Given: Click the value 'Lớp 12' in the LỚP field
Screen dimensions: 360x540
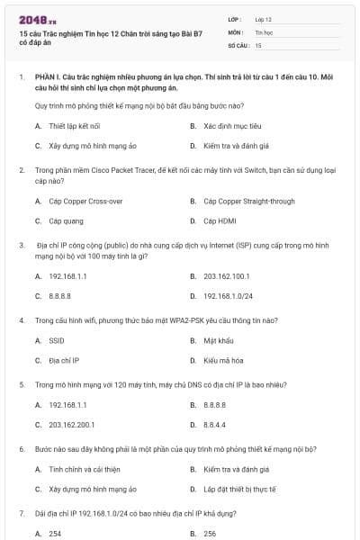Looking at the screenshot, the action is [264, 18].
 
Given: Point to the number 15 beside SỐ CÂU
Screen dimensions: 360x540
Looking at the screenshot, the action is [258, 44].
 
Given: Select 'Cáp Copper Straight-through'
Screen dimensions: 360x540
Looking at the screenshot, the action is [248, 201].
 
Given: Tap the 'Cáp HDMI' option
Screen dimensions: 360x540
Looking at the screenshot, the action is [220, 220].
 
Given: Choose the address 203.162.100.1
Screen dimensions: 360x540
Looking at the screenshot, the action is [227, 276].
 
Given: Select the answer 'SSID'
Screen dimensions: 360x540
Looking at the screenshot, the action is [57, 341].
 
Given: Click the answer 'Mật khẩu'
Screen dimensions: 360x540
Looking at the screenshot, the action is [218, 341].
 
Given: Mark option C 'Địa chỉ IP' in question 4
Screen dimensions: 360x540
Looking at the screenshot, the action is [64, 361].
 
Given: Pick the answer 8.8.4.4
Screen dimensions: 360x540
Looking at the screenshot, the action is [214, 425].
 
